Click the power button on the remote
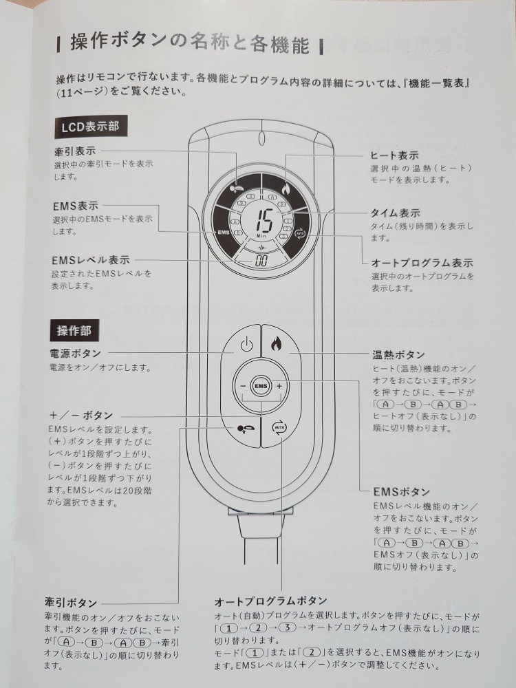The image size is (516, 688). (246, 345)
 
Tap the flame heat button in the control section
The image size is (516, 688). (277, 343)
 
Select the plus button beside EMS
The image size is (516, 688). (279, 386)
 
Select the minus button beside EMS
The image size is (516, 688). (243, 386)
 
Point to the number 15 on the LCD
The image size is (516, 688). (265, 220)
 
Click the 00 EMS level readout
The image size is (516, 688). (261, 261)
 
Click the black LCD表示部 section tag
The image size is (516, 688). (90, 127)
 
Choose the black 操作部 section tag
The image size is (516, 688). (74, 330)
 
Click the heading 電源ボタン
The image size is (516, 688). (76, 353)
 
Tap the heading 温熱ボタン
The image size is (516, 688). (399, 354)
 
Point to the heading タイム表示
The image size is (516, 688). (396, 213)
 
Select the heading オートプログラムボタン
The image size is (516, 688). (270, 600)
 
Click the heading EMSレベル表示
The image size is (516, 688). (91, 260)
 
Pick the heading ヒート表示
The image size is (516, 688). (394, 155)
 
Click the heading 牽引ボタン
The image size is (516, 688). (71, 603)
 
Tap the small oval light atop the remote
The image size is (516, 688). (261, 139)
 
